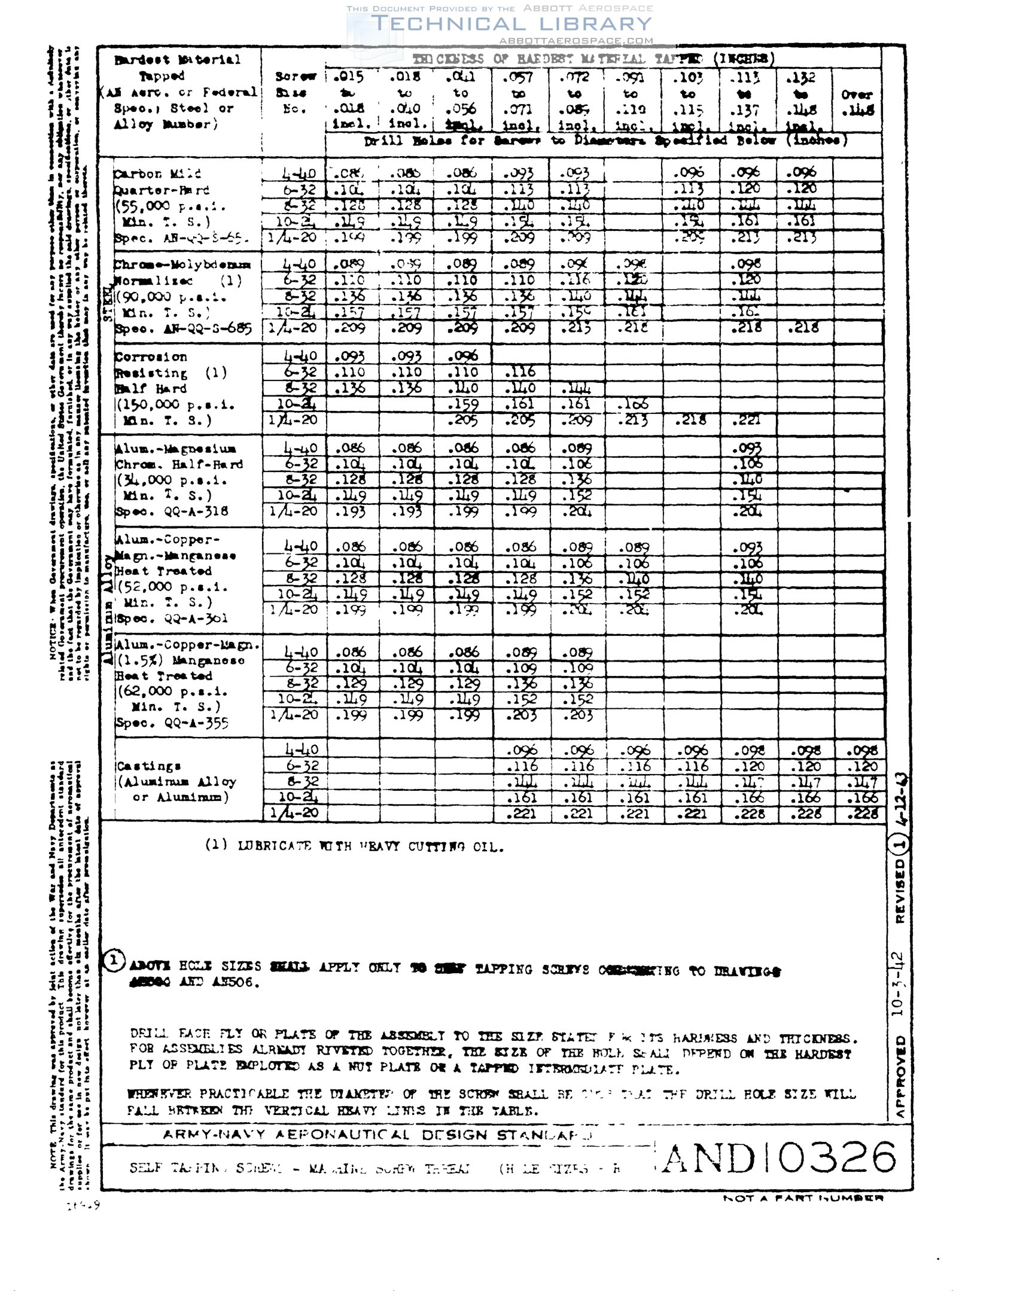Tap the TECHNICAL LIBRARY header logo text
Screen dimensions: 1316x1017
[511, 24]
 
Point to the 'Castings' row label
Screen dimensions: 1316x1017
[148, 766]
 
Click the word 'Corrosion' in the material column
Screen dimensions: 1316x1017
[151, 357]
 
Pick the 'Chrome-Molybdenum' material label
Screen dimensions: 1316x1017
[182, 264]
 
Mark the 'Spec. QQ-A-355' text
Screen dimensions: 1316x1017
[172, 723]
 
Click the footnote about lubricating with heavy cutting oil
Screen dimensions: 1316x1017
[354, 846]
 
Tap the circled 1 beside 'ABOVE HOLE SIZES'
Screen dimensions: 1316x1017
[114, 961]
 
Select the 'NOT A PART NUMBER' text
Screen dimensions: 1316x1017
[803, 1199]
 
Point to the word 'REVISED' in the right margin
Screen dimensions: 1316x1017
[900, 891]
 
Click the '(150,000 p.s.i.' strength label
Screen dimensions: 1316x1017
[175, 404]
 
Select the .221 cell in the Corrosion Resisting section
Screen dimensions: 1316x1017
[746, 420]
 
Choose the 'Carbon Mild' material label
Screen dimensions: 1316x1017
[157, 174]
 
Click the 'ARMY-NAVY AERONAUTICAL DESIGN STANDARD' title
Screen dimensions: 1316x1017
[377, 1135]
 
